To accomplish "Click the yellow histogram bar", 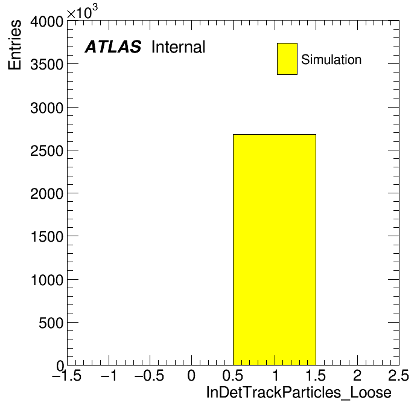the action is [x=275, y=250].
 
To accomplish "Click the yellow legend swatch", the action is [x=287, y=59].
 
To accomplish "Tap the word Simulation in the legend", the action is [x=331, y=60].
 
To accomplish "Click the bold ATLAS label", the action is [x=113, y=47].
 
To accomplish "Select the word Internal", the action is [x=179, y=47].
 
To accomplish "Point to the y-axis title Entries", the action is [x=14, y=45].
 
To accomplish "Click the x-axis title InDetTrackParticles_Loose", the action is [x=299, y=392].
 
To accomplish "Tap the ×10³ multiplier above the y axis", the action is [x=82, y=12].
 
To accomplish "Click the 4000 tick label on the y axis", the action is [x=46, y=22].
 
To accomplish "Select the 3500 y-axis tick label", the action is [x=46, y=65].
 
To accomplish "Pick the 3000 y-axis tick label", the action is [x=46, y=108].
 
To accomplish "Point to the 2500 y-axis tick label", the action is [x=46, y=150].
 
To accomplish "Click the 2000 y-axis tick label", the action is [x=46, y=193].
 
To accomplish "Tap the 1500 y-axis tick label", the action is [x=47, y=237].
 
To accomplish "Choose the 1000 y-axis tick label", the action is [x=47, y=280].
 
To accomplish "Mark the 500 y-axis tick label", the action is [x=51, y=323].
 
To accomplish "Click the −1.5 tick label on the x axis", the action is [x=67, y=375].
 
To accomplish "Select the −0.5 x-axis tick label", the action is [x=150, y=375].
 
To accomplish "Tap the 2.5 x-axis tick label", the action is [x=398, y=375].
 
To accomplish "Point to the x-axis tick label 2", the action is [x=357, y=375].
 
